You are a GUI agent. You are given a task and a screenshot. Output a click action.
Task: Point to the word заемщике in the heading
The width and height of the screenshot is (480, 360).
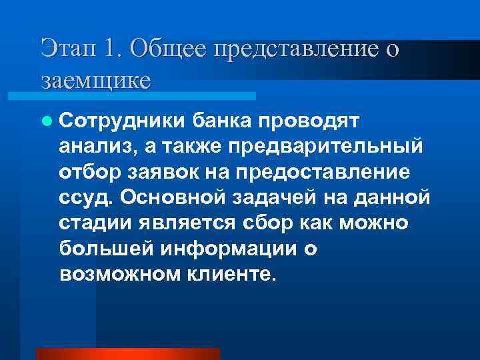click(x=95, y=81)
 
